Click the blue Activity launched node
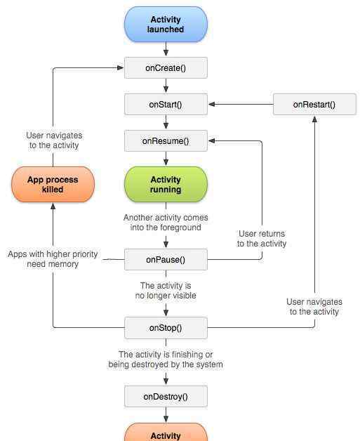pos(166,25)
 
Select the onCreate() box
pos(166,68)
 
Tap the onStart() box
pos(166,105)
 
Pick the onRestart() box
pos(314,105)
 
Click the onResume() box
pos(166,140)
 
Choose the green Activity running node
pos(166,184)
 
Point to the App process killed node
pos(53,184)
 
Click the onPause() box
pos(166,260)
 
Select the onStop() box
pos(166,328)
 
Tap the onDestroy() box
pos(166,397)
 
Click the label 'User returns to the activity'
pos(262,239)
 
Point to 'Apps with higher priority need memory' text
pos(53,259)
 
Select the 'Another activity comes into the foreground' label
pos(166,222)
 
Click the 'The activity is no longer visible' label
pos(166,291)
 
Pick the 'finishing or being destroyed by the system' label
pos(166,359)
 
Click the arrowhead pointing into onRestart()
pos(315,119)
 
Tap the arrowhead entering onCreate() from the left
pos(120,68)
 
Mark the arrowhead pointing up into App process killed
pos(53,206)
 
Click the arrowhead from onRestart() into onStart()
pos(212,105)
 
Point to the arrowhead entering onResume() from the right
pos(212,140)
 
